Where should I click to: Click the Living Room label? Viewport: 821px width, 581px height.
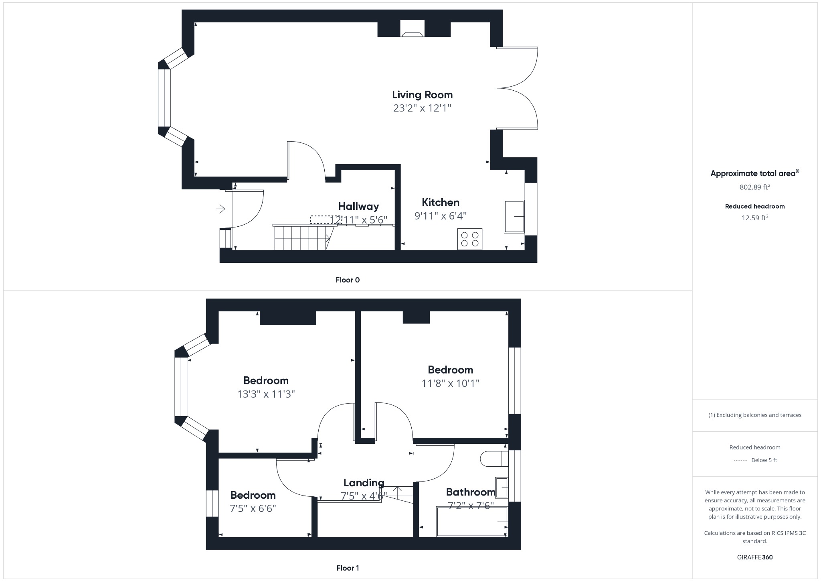coord(422,95)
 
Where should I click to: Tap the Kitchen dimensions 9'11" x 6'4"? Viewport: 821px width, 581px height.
coord(440,216)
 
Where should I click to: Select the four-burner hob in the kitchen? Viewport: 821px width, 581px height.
coord(470,239)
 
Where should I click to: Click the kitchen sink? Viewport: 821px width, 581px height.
coord(514,217)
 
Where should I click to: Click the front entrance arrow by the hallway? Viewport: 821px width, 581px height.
coord(220,209)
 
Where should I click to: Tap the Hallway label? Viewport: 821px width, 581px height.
coord(358,206)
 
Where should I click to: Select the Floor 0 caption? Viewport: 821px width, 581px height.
coord(348,280)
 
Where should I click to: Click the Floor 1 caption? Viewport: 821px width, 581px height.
coord(348,568)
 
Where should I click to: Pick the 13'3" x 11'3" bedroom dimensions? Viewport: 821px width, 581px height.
coord(266,394)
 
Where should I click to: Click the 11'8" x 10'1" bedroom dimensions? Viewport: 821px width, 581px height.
coord(450,383)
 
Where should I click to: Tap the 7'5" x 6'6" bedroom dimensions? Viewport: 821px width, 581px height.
coord(253,508)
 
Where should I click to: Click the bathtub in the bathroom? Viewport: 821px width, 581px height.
coord(472,522)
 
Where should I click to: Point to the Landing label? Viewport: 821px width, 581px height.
coord(364,483)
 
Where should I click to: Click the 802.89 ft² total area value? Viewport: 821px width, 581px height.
coord(754,187)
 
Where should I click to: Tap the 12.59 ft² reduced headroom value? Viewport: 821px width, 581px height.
coord(754,218)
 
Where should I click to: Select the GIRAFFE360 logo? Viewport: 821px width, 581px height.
coord(754,557)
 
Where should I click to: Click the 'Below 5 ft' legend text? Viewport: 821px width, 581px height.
coord(764,460)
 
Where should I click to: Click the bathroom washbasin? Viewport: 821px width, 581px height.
coord(502,488)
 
